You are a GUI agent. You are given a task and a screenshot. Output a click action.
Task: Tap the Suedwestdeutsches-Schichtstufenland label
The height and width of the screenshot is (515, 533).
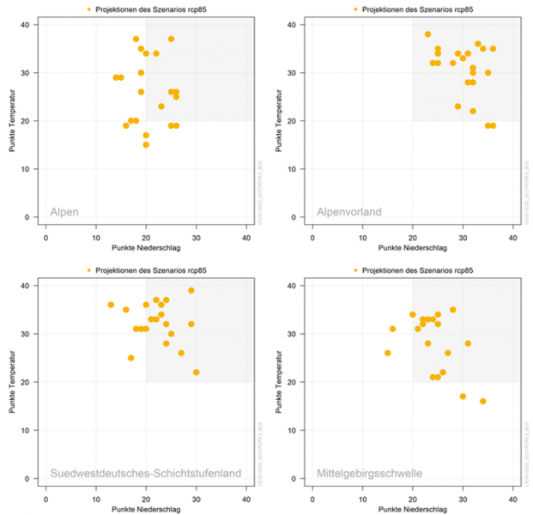[144, 473]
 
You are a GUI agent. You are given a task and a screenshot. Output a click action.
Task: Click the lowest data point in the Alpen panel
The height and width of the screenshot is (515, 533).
[146, 144]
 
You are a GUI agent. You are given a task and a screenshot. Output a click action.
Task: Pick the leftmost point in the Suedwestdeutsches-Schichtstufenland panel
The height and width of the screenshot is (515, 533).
[111, 305]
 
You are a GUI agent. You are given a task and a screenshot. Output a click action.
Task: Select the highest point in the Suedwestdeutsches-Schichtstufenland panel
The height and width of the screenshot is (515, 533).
[191, 290]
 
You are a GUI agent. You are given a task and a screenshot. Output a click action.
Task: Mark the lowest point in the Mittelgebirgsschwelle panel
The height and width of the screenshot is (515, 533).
[483, 401]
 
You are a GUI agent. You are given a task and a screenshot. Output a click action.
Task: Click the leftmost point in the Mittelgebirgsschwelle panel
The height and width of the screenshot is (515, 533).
[387, 353]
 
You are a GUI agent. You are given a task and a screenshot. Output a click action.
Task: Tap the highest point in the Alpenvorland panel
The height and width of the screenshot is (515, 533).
[427, 34]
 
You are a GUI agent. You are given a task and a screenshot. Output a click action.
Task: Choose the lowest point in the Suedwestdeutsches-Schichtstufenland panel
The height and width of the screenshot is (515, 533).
[197, 372]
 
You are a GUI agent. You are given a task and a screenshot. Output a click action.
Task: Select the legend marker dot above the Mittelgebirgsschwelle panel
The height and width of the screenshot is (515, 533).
[354, 272]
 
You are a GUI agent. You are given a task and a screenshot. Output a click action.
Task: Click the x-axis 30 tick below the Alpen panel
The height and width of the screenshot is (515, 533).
[197, 233]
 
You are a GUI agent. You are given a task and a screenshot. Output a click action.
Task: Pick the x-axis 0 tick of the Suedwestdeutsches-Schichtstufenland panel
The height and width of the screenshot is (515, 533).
[45, 495]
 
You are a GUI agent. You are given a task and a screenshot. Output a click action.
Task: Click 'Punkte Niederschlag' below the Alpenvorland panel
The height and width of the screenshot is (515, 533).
[412, 246]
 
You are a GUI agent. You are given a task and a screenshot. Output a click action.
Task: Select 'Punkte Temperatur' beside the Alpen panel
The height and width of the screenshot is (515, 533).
[13, 121]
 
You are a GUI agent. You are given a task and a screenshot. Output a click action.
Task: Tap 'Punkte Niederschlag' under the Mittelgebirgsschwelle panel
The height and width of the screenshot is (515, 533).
[412, 509]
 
